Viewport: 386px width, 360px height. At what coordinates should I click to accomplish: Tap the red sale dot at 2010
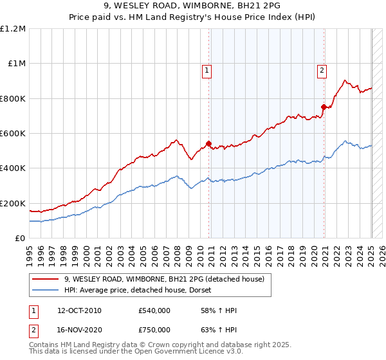pos(209,144)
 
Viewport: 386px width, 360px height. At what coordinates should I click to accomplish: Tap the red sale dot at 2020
pos(324,107)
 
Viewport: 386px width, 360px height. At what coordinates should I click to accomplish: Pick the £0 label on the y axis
pos(21,238)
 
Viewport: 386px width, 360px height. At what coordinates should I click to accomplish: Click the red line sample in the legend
pos(44,278)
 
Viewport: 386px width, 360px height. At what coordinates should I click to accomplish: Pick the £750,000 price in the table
pos(154,330)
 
